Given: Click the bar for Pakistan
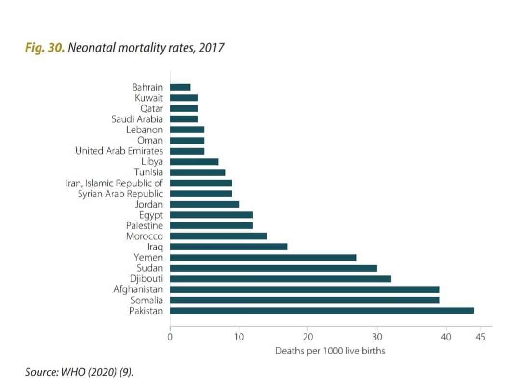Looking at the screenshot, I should click(321, 311).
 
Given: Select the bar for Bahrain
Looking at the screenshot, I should click(180, 87).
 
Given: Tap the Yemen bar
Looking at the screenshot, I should click(263, 258).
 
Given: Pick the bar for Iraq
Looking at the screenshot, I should click(228, 247).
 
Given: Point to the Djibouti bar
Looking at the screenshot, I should click(280, 279).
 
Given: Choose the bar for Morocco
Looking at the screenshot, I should click(218, 236).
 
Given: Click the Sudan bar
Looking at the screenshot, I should click(273, 268).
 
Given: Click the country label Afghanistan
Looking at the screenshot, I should click(138, 289).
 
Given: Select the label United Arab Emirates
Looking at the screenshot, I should click(119, 151).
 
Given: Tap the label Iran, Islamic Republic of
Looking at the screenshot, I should click(114, 183).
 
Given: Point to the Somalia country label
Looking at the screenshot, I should click(147, 300).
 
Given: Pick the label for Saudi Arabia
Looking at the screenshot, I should click(137, 119).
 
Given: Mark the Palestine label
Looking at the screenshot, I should click(145, 225).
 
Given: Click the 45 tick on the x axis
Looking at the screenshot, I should click(480, 337).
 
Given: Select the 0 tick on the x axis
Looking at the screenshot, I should click(170, 337).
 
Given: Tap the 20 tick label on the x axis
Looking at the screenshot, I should click(308, 337).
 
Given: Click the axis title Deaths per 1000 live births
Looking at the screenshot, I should click(330, 351).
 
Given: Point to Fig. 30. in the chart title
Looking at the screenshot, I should click(45, 49).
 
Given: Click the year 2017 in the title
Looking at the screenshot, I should click(213, 49).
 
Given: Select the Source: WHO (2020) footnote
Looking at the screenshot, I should click(78, 372).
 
